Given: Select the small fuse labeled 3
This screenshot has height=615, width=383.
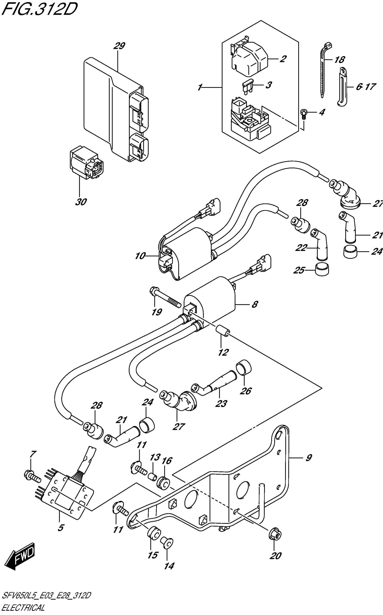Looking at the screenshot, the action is coord(247,86).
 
